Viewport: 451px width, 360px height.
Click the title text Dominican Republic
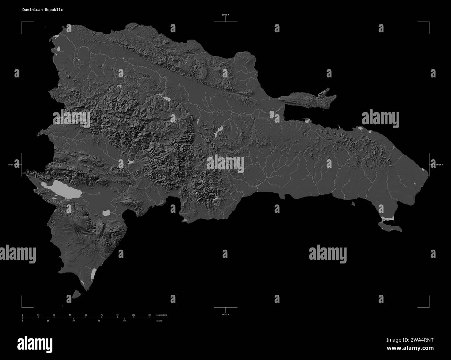[42, 10]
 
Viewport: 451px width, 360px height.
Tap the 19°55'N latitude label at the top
[226, 15]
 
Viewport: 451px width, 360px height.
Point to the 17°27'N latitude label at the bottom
[226, 315]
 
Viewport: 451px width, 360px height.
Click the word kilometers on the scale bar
[162, 315]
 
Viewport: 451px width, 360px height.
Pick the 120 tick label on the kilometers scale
[149, 315]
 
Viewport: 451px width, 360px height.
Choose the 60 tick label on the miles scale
[125, 321]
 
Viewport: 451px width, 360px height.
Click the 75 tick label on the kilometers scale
[102, 315]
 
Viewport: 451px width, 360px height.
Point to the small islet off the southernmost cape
[77, 295]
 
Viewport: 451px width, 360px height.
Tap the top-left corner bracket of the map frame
[22, 22]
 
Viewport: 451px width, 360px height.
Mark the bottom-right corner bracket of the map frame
[429, 307]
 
